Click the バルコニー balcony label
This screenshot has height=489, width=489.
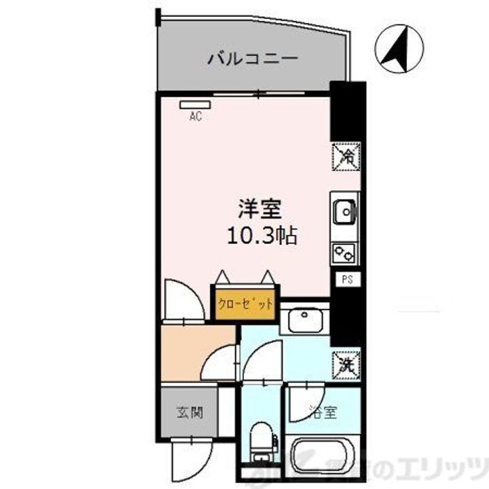pos(252,58)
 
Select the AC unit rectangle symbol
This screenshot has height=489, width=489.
pos(196,105)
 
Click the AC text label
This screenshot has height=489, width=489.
pos(196,116)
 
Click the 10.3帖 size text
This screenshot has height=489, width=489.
pos(262,236)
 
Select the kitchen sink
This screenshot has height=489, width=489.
pos(344,211)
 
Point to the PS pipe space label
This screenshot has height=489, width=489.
pos(346,279)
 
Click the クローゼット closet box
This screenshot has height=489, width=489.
pos(245,304)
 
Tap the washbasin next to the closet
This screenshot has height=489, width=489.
pos(304,319)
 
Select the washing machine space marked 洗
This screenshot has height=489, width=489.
pos(346,363)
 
